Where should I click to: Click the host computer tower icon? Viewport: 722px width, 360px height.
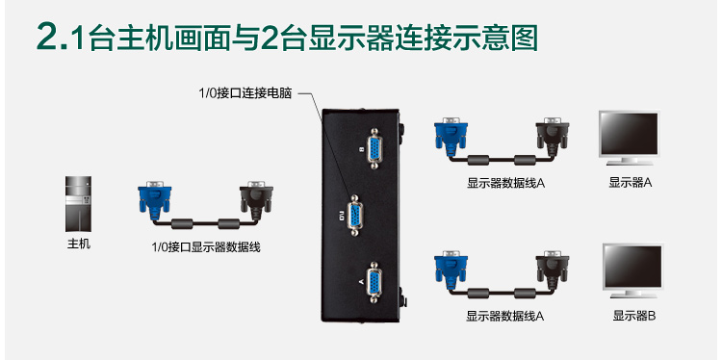(x=78, y=203)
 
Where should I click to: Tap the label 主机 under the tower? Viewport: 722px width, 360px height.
(x=79, y=244)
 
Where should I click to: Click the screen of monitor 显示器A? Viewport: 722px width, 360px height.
(x=629, y=134)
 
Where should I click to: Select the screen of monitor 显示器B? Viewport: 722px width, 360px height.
(x=632, y=266)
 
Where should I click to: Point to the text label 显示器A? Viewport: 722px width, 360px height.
(x=631, y=182)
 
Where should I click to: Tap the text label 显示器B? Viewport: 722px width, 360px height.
(x=633, y=316)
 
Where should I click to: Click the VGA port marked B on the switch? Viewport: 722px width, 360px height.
(x=374, y=148)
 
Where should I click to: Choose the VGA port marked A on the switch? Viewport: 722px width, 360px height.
(x=374, y=282)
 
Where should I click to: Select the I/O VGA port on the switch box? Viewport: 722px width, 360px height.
(x=354, y=215)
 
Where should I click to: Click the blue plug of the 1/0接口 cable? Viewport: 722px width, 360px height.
(x=154, y=198)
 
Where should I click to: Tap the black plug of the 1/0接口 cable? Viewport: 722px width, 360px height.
(x=256, y=199)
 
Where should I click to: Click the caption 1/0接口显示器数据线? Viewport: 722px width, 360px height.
(x=206, y=247)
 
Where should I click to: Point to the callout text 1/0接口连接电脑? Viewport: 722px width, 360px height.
(x=245, y=93)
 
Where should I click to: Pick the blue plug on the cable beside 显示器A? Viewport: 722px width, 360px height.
(x=451, y=135)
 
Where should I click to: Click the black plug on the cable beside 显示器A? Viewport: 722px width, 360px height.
(x=553, y=135)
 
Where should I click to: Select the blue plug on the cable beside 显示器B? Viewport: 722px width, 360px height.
(x=451, y=269)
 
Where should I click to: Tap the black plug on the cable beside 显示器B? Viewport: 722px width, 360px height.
(x=553, y=269)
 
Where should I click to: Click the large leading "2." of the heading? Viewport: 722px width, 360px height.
(x=52, y=37)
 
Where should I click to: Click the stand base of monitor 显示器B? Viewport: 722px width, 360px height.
(x=633, y=295)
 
